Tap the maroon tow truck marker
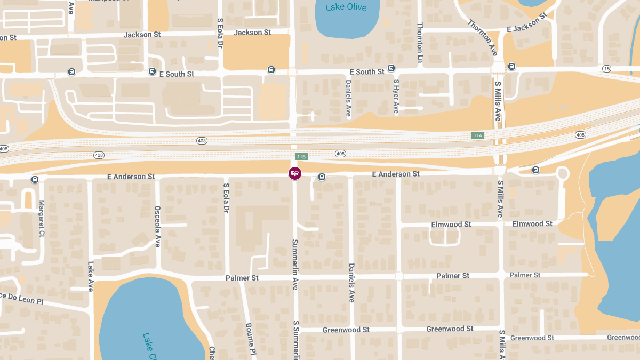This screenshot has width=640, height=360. point(294,173)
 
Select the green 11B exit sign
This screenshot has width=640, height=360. point(301,157)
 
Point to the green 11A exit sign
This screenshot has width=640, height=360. point(477,135)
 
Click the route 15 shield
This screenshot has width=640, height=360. point(606,69)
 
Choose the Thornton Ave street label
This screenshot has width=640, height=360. point(483,38)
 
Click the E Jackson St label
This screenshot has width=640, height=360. point(527,23)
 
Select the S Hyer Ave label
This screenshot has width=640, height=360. point(396,97)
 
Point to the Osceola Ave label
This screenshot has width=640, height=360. point(157,227)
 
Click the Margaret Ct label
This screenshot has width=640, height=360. point(42,219)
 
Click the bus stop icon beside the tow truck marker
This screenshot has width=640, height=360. point(322,177)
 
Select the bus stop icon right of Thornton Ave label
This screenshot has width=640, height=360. point(511,67)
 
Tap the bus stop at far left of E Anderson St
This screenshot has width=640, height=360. point(35,180)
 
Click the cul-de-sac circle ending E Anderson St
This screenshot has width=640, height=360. point(562,173)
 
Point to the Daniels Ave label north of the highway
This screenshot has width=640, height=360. point(348,99)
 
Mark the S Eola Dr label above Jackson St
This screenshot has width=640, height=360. point(220,33)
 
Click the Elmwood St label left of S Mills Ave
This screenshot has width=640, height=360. point(451,225)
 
